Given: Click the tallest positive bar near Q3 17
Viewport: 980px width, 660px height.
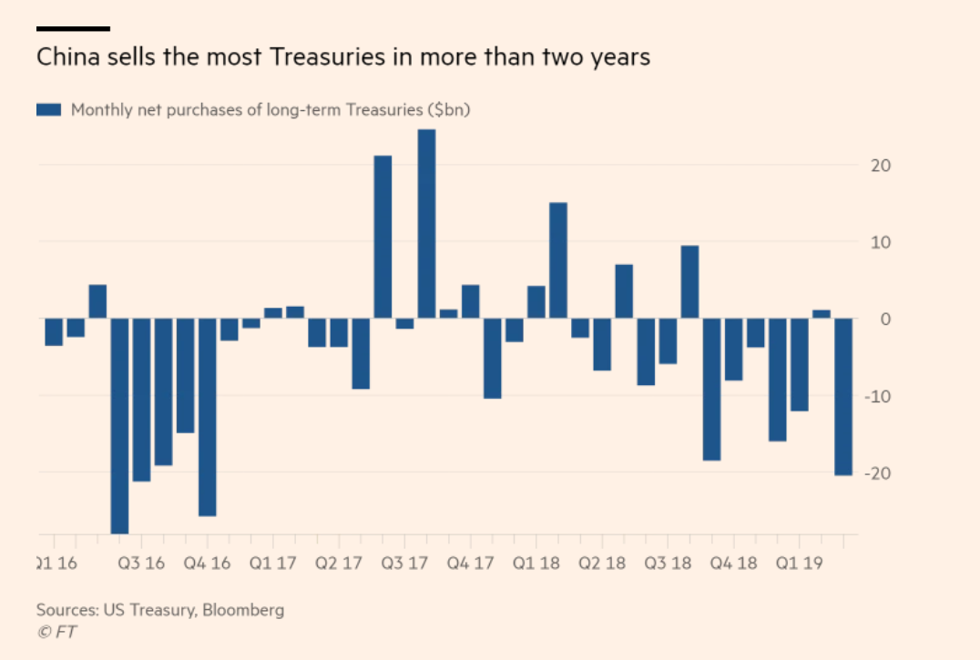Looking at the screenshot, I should point(426,223).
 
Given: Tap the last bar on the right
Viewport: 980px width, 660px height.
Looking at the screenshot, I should point(843,396).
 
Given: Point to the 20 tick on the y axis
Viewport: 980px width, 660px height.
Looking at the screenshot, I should point(881,166).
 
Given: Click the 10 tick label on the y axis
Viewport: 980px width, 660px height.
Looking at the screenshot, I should point(881,242).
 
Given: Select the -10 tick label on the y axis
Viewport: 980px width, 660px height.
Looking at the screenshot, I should point(877,396).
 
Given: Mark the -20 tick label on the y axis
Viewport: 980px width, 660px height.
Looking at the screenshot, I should point(877,473).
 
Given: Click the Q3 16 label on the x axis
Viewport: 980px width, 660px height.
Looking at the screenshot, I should point(141,564).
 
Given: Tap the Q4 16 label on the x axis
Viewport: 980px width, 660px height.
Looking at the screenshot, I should point(208,564).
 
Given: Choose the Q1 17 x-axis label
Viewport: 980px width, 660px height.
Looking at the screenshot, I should point(273,564).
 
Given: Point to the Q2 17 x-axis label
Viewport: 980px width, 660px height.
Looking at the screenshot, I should point(339,564).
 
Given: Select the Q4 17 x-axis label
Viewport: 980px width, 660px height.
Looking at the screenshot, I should point(471,564).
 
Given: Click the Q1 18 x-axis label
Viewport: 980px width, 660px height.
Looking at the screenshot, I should point(536,564).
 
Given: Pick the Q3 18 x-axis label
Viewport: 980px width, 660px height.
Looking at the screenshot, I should point(669,564).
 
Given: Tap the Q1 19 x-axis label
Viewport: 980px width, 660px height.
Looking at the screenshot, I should point(800,564).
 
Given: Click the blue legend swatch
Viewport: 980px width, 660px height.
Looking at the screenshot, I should point(48,110).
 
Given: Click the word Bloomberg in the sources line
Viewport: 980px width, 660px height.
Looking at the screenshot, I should point(243,610).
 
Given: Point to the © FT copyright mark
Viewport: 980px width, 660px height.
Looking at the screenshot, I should point(56,632).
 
